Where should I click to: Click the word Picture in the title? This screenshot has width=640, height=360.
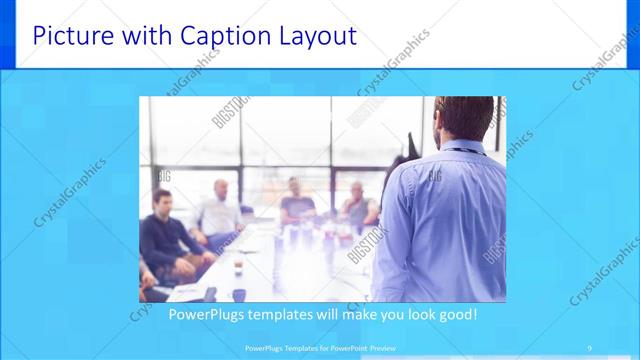[x=67, y=37]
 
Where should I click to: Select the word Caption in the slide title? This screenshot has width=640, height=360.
[x=219, y=37]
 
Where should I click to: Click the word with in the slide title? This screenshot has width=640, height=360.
[x=143, y=37]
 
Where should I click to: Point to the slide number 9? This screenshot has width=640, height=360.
[x=591, y=347]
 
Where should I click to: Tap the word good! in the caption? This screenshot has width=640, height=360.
[x=454, y=314]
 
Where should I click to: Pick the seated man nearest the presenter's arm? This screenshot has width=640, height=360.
[x=358, y=205]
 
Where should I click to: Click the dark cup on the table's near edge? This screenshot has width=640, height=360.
[x=211, y=294]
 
